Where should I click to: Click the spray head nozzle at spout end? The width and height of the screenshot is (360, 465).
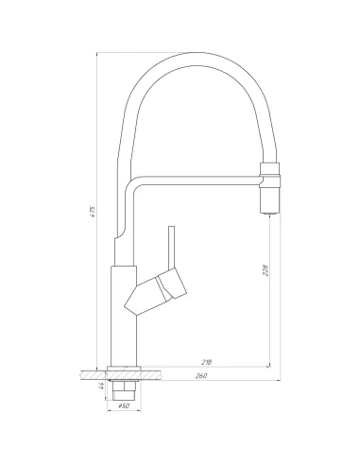tap(268, 198)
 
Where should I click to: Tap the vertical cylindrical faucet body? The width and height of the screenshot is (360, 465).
tap(123, 312)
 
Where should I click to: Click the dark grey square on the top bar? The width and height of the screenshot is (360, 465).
tap(194, 46)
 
